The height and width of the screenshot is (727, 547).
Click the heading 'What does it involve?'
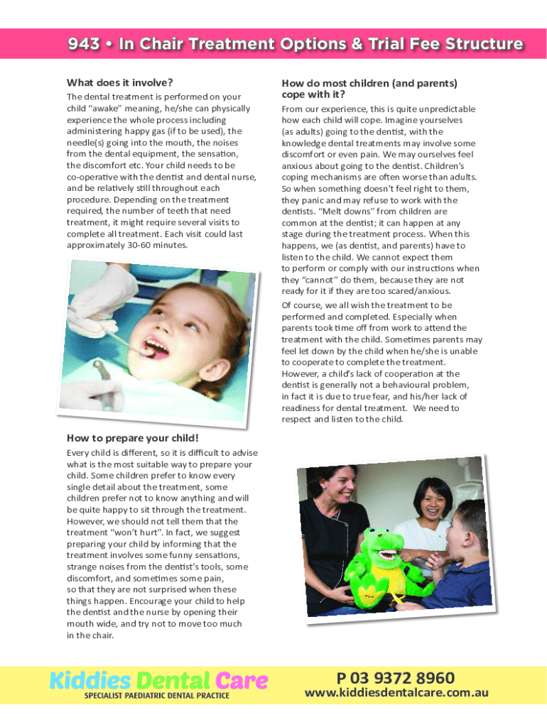(x=120, y=82)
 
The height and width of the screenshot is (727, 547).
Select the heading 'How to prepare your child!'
(x=132, y=437)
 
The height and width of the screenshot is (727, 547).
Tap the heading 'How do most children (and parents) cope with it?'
(x=369, y=89)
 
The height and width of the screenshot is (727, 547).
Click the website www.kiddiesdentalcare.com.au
(x=396, y=693)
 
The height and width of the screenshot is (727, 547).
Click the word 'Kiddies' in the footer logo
(x=90, y=681)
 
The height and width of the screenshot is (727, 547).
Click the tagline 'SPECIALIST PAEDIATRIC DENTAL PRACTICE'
(x=156, y=696)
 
